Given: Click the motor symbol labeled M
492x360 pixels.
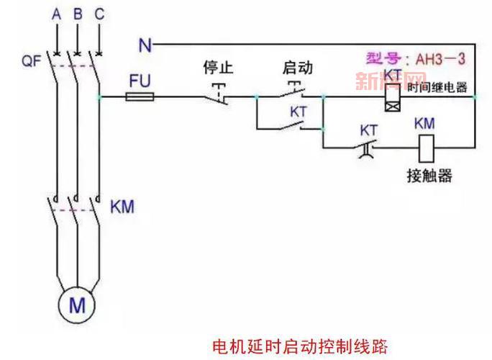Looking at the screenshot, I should tap(77, 305).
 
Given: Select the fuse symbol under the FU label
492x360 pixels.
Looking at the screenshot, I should tap(139, 95).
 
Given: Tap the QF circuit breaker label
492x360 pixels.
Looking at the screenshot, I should tap(31, 61).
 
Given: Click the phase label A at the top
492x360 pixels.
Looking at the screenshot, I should tap(56, 14).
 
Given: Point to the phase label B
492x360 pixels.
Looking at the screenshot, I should tap(78, 14).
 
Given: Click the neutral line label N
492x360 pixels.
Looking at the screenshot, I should tap(145, 46).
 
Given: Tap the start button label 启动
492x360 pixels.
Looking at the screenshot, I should tap(296, 68).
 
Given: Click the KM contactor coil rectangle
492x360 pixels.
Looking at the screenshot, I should tap(424, 149).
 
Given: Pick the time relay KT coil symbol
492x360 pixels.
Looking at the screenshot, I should tap(392, 96).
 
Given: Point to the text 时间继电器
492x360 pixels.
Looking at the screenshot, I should tap(437, 88).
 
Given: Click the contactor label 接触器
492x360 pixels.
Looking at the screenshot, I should tap(429, 176).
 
